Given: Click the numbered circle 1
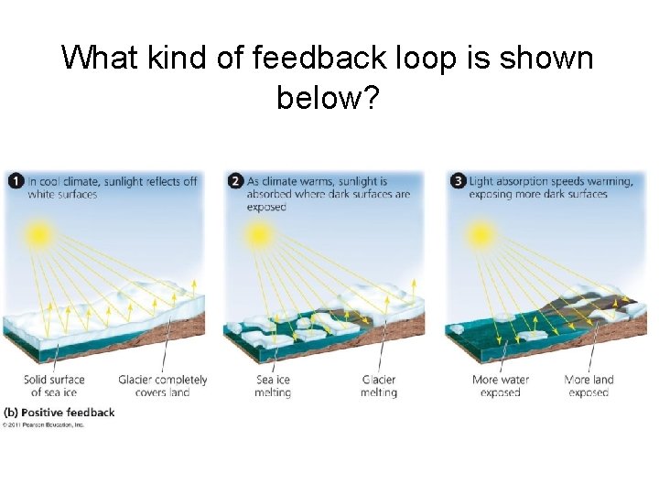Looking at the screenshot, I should (x=16, y=181).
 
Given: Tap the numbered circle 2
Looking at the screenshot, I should (x=235, y=181).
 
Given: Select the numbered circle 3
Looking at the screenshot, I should (x=458, y=181).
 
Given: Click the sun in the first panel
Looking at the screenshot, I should (x=38, y=234).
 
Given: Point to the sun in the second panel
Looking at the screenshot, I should (x=259, y=234).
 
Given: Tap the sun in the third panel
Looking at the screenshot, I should (x=480, y=234).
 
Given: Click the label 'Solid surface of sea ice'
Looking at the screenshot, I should (x=54, y=386).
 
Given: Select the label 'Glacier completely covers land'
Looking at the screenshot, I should (x=163, y=386).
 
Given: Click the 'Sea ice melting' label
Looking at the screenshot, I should (x=273, y=386).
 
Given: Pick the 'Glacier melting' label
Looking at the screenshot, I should (x=379, y=386).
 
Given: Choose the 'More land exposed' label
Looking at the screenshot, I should (x=589, y=386).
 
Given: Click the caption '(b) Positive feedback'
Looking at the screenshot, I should (x=59, y=413).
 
